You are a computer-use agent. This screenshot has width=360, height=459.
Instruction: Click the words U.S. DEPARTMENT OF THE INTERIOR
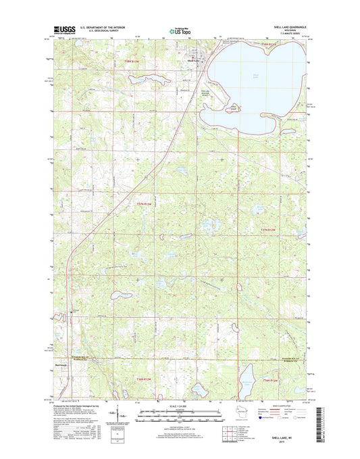pyautogui.click(x=110, y=28)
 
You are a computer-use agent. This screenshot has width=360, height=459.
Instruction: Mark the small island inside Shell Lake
pyautogui.click(x=234, y=107)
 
